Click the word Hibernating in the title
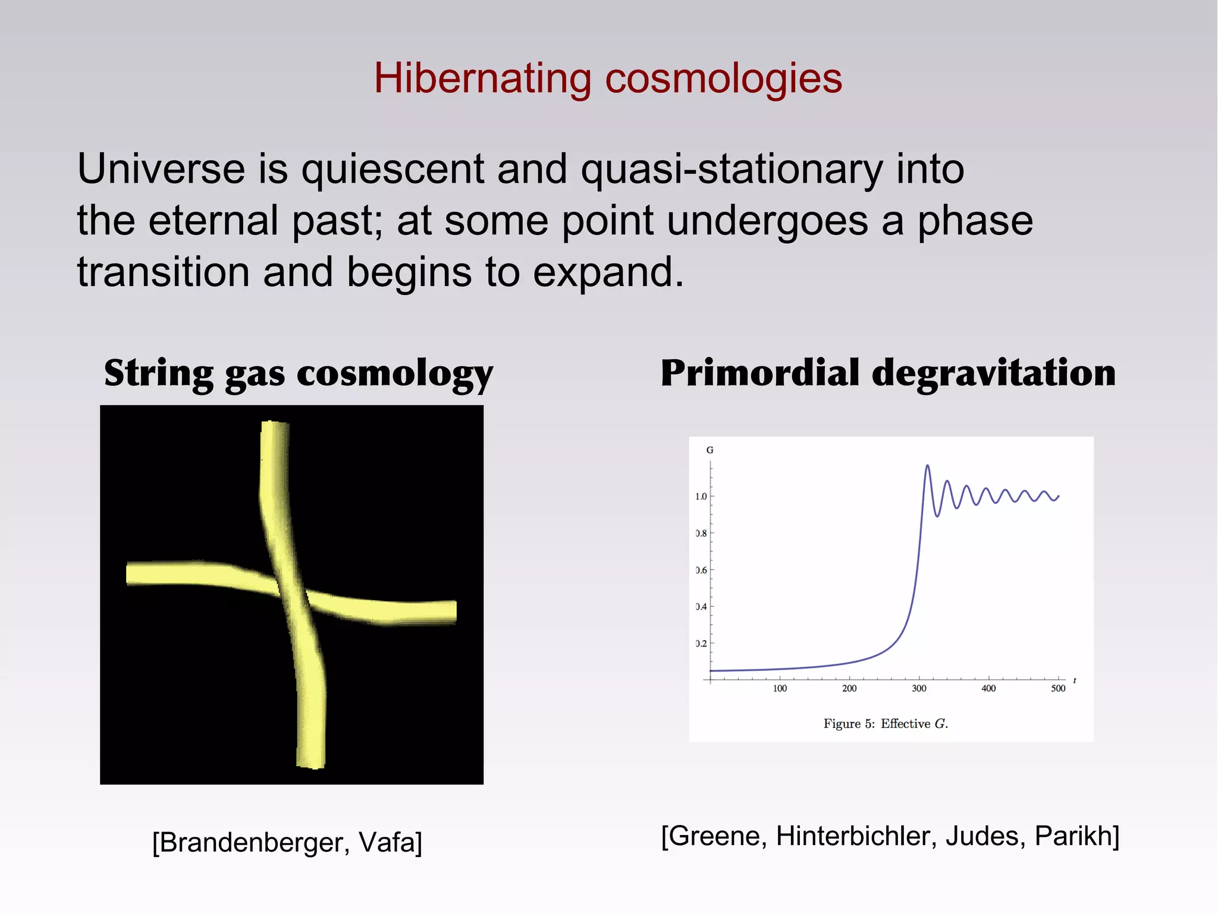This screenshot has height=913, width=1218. coord(482,79)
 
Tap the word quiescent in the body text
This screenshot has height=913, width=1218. coord(393,169)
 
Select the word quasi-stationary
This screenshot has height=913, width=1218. coord(732,169)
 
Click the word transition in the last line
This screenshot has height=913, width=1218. coord(163,272)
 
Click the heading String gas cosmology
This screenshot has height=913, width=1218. coord(299,374)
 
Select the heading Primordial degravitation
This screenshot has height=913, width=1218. coord(888,374)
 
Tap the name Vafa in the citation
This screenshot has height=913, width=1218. coord(390,842)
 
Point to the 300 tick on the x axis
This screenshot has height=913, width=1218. coord(919,688)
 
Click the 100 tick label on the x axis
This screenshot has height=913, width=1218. coord(780,688)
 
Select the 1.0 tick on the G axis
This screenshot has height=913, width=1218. coord(701,497)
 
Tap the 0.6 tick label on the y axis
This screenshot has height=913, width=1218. coord(701,570)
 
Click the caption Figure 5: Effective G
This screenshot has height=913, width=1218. coord(886,724)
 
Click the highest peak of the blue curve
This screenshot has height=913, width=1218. coord(927,466)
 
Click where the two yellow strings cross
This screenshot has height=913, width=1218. coord(290,591)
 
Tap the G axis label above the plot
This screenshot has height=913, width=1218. coord(710,450)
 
